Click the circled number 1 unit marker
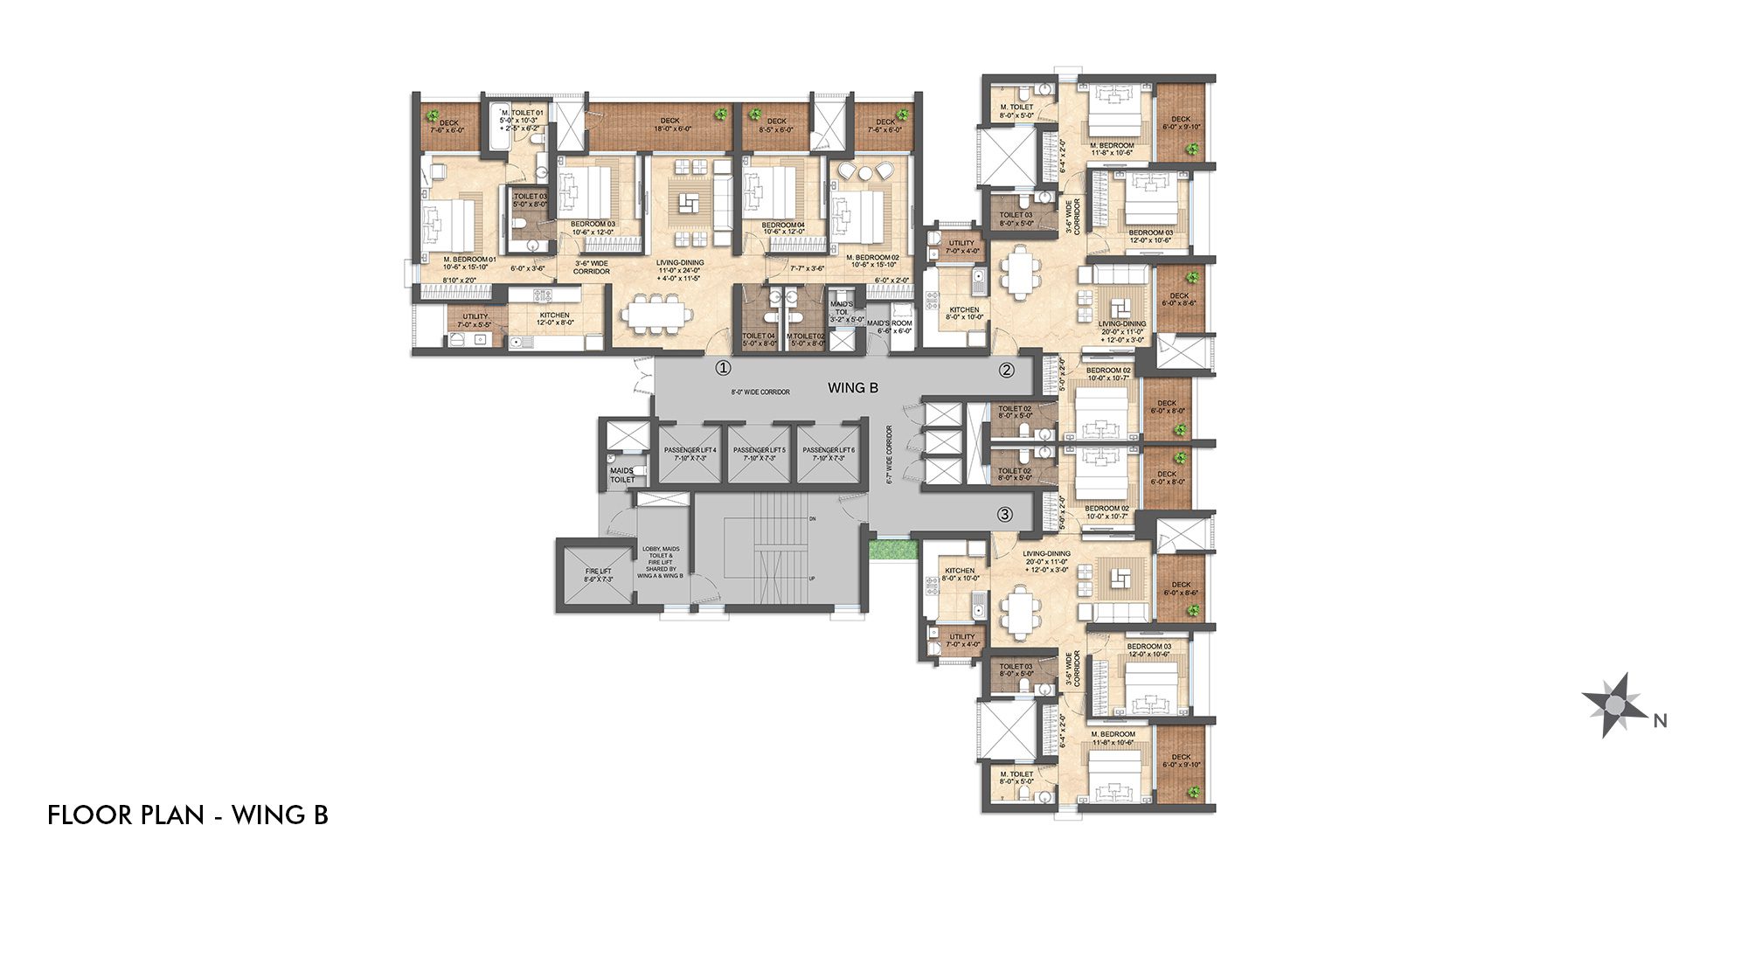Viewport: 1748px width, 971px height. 723,368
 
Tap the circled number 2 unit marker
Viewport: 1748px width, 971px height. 1007,370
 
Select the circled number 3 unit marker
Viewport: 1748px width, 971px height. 1005,515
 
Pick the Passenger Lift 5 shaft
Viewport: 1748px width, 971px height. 759,454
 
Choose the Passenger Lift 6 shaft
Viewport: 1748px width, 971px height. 829,454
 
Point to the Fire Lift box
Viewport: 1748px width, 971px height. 599,575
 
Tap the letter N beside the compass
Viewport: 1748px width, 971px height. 1661,721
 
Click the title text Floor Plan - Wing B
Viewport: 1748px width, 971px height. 188,815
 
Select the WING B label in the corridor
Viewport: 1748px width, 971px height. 852,387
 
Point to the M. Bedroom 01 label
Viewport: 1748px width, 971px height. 469,260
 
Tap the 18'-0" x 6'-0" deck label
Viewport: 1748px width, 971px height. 669,125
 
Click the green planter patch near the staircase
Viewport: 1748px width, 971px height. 891,550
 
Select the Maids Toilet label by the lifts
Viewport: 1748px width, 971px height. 622,475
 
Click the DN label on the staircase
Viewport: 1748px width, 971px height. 812,519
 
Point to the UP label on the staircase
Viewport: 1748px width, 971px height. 812,579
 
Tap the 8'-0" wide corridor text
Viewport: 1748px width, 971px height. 760,392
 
